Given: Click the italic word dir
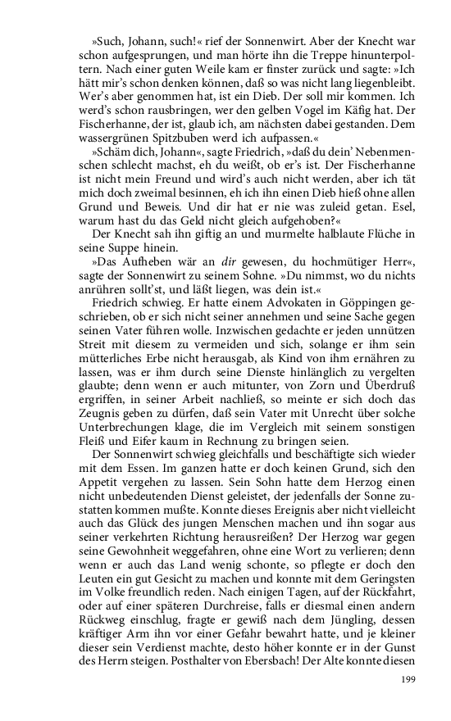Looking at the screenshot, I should click(x=189, y=262).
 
